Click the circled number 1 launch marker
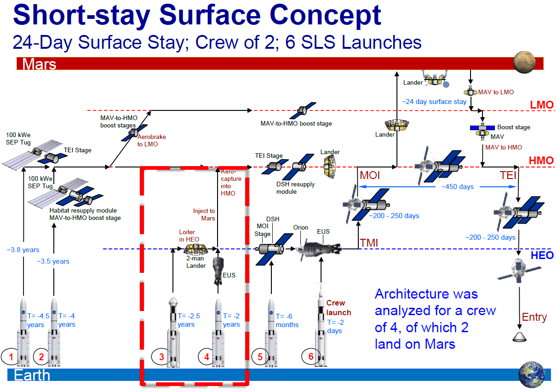pyautogui.click(x=10, y=357)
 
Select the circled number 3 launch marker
pyautogui.click(x=161, y=357)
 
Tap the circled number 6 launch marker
pyautogui.click(x=311, y=356)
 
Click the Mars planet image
pyautogui.click(x=524, y=62)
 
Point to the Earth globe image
pyautogui.click(x=532, y=375)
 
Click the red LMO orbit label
pyautogui.click(x=542, y=105)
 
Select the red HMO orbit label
pyautogui.click(x=541, y=161)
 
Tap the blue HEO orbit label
pyautogui.click(x=542, y=255)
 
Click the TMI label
pyautogui.click(x=369, y=243)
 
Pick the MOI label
pyautogui.click(x=370, y=175)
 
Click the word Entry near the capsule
pyautogui.click(x=534, y=317)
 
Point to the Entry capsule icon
pyautogui.click(x=519, y=337)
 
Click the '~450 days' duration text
pyautogui.click(x=458, y=187)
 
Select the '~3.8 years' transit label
pyautogui.click(x=23, y=250)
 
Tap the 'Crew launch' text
pyautogui.click(x=339, y=308)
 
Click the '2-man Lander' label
pyautogui.click(x=196, y=262)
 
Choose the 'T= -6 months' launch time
pyautogui.click(x=287, y=320)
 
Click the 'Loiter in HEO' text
pyautogui.click(x=189, y=236)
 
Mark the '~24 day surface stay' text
pyautogui.click(x=434, y=102)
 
